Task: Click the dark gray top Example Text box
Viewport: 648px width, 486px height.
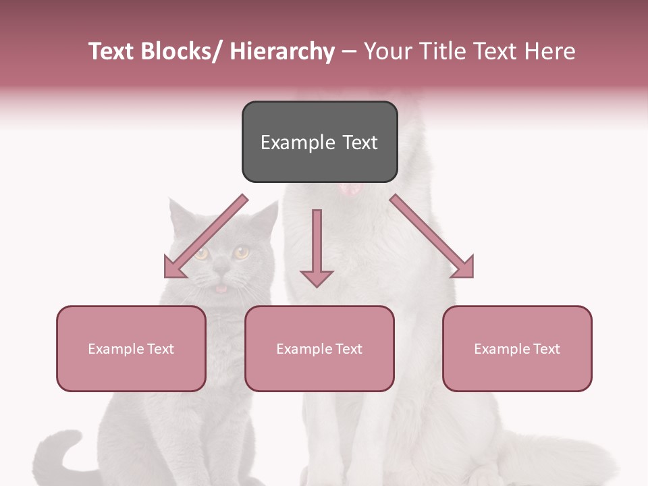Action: click(x=319, y=142)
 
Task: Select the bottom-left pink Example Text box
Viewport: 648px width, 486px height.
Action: click(x=131, y=348)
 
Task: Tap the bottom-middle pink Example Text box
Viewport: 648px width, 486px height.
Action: click(x=319, y=348)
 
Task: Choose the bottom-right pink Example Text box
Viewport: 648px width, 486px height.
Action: click(x=517, y=348)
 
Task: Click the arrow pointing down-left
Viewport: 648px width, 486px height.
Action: click(x=202, y=240)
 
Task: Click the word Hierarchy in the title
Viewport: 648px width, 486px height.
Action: click(x=282, y=51)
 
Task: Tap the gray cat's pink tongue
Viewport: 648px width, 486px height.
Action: click(x=221, y=289)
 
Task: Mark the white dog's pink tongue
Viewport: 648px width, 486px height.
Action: click(x=350, y=190)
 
